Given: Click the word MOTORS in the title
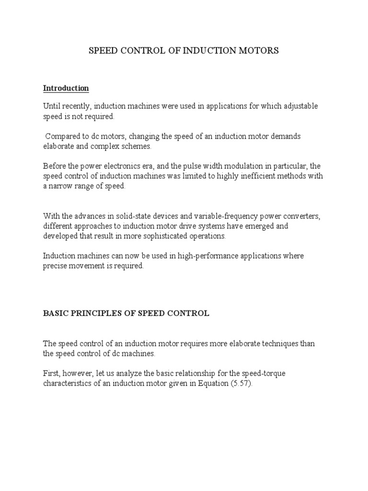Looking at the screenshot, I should [257, 50].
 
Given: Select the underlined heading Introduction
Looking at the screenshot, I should [66, 88].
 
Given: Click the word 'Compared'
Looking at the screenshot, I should [63, 137].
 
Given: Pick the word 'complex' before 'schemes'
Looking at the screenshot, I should [113, 147].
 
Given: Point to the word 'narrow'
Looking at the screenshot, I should [60, 187].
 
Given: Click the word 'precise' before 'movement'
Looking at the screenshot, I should [56, 266].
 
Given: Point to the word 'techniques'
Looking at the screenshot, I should [272, 344].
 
